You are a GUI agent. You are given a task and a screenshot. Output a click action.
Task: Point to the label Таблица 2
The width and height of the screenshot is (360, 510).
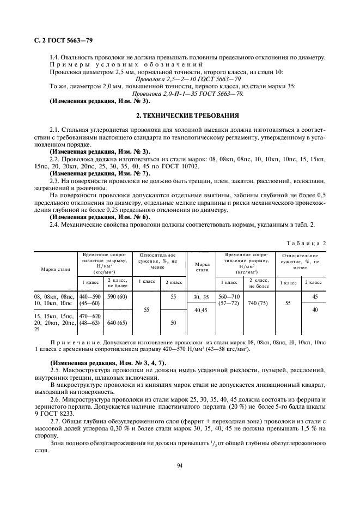[x=306, y=227]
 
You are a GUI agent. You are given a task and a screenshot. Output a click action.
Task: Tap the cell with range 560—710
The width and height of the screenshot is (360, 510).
[x=228, y=296]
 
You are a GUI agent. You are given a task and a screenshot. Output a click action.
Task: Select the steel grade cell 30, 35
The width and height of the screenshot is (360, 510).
[x=201, y=297]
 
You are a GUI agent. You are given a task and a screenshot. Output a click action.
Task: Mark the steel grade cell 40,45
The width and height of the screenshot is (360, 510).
[x=201, y=311]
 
